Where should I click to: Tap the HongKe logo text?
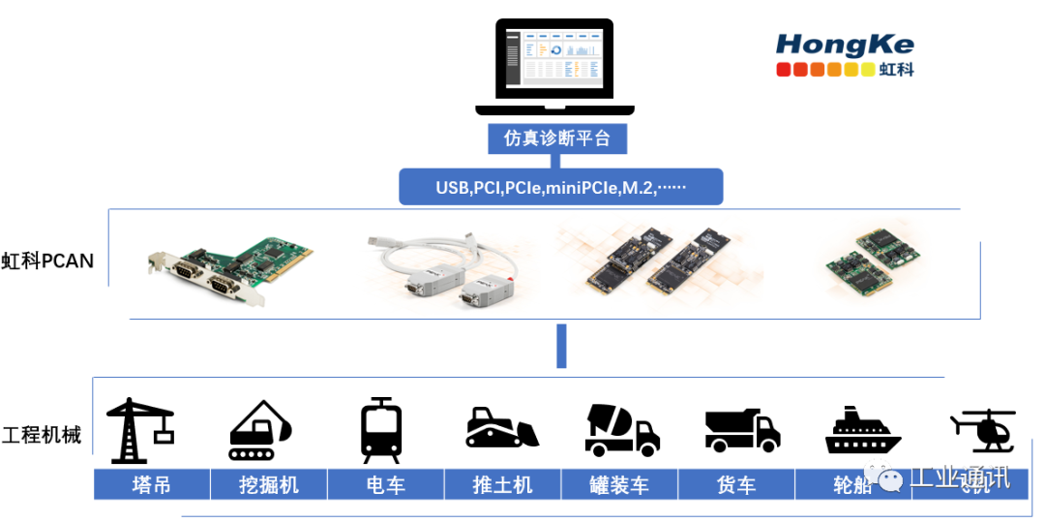tap(845, 45)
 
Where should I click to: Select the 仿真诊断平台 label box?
tap(557, 138)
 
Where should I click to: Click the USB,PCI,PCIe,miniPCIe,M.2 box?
tap(560, 187)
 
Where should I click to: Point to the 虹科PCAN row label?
tap(47, 260)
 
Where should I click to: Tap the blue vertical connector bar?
tap(561, 347)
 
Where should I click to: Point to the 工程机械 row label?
tap(42, 435)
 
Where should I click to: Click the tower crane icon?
tap(138, 430)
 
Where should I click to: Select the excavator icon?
tap(259, 430)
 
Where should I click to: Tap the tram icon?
tap(381, 430)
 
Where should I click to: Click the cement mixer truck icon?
tap(622, 430)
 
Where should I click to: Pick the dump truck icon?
tap(742, 431)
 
